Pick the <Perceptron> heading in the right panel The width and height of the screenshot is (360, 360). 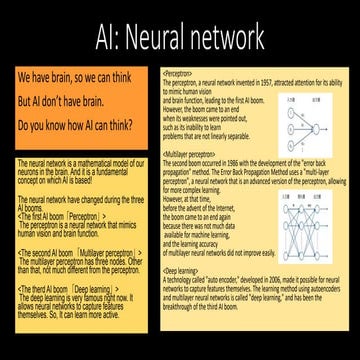(178, 73)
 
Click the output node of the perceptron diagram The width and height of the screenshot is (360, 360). (317, 113)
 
